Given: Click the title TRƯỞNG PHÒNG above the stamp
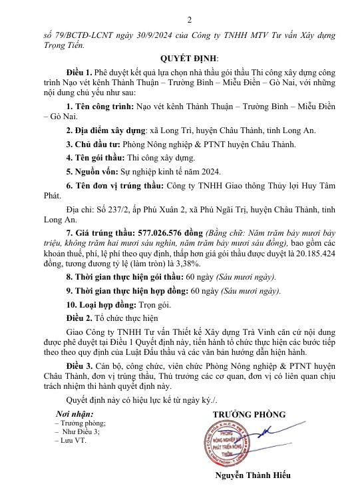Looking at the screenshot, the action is [249, 414].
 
